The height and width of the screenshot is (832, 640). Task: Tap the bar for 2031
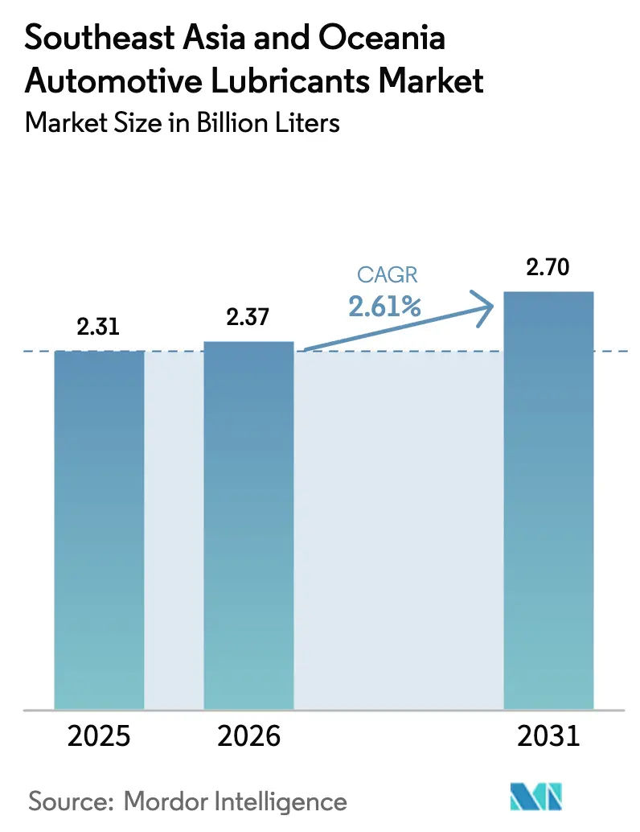(x=548, y=500)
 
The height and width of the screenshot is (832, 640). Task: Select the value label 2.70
(x=548, y=268)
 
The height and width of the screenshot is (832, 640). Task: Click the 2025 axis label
(x=99, y=736)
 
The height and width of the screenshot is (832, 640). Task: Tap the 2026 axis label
(x=248, y=736)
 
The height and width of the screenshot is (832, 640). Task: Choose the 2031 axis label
(x=548, y=736)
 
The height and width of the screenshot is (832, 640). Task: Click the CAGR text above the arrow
(x=388, y=275)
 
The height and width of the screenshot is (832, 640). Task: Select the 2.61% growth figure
(x=387, y=306)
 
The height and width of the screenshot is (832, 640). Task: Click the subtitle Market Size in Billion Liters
(x=182, y=122)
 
